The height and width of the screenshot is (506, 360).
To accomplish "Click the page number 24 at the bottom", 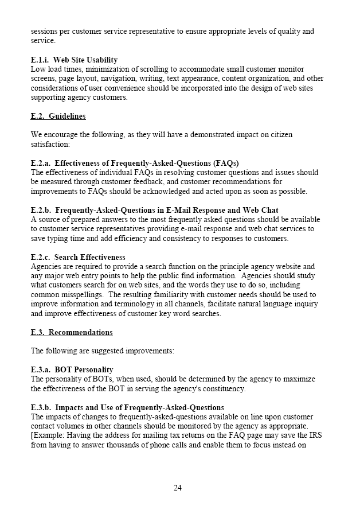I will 178,488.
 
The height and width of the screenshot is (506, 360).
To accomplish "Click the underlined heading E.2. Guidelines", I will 58,116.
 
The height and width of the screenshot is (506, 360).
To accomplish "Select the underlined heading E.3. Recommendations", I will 72,332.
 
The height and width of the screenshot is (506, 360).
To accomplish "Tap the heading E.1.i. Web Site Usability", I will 74,60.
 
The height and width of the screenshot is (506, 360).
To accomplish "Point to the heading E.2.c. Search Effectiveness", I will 78,257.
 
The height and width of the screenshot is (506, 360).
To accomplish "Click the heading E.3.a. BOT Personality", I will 72,369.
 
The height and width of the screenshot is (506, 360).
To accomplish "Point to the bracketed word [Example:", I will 48,435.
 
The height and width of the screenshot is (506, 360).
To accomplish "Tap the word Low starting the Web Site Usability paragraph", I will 37,69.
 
